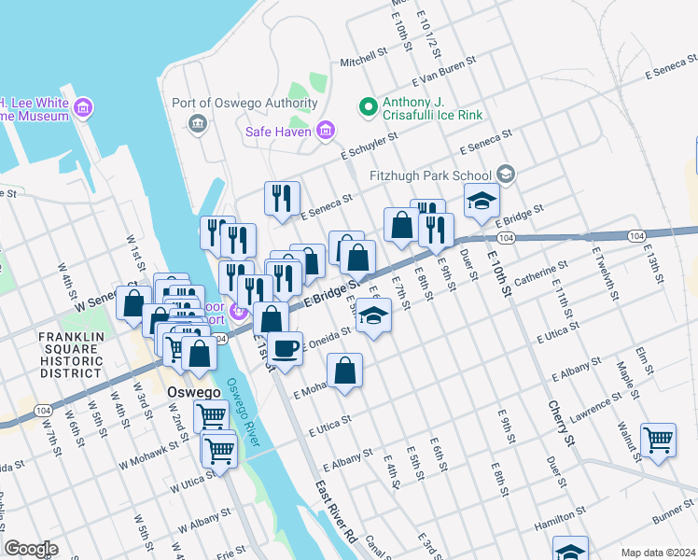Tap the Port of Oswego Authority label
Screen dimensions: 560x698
[x=245, y=103]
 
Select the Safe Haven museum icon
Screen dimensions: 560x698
[x=326, y=131]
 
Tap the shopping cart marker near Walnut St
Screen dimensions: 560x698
[x=658, y=441]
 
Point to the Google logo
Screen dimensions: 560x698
[x=31, y=549]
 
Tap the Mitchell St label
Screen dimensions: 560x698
[x=363, y=59]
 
